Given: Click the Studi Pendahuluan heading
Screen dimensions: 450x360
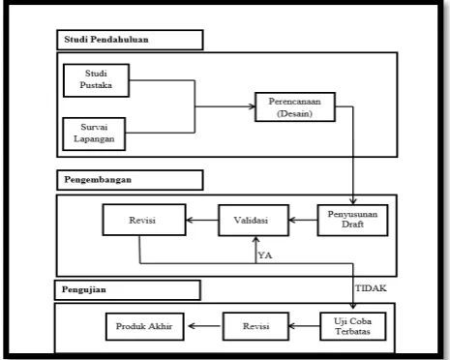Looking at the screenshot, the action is pos(106,40).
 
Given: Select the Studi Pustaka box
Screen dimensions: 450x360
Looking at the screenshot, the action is pos(96,80).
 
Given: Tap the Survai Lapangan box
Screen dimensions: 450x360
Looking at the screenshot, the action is pos(94,134).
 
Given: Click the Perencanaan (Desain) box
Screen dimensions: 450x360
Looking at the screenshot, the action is pos(295,107).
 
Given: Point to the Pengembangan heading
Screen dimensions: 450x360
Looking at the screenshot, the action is pos(98,180).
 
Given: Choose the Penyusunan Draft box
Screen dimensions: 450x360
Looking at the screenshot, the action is pos(352,220).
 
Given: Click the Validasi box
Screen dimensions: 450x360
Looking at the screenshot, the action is pos(254,221).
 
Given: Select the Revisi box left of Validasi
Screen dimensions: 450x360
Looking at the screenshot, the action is pos(144,220).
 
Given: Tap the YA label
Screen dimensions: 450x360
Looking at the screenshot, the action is pos(265,255).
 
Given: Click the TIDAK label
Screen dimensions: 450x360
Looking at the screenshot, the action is pos(371,288).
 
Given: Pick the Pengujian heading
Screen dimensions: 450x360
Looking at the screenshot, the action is pos(84,289).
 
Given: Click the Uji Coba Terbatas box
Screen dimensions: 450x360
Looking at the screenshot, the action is pos(353,326).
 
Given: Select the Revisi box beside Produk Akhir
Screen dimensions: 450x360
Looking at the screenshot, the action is pos(255,326).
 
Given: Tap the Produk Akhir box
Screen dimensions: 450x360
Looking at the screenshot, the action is pos(145,326).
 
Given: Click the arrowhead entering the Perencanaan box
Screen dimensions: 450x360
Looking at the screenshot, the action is pos(252,106).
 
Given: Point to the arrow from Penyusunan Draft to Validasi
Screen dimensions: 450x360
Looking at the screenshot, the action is pos(303,220).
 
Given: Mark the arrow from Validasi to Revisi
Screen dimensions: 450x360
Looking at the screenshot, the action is pos(202,220).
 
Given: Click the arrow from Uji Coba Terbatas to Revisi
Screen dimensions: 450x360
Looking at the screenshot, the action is pos(305,326).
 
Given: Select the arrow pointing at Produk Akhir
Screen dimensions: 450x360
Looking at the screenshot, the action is pos(204,326).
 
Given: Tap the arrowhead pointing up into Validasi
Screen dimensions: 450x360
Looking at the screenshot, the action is pos(255,240).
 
